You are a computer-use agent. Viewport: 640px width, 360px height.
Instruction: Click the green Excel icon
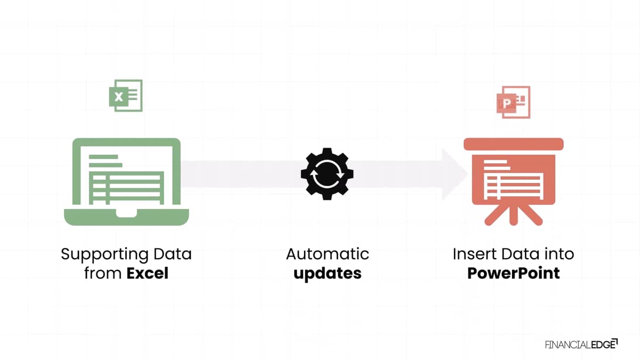pos(126,95)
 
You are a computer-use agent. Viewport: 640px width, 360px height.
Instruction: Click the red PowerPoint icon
pos(514,102)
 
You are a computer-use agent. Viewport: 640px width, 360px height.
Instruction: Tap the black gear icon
pos(327,174)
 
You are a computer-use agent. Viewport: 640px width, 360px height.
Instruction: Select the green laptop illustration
pos(126,182)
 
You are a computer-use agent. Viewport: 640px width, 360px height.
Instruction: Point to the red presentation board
pos(514,182)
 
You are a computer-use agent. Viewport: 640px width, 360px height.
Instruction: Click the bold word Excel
pos(147,273)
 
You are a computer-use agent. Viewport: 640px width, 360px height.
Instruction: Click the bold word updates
pos(327,274)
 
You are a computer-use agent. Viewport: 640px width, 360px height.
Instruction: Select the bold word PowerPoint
pos(514,273)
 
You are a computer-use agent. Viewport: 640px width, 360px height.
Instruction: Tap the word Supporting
pos(105,254)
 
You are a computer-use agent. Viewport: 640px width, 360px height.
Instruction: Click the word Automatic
pos(327,254)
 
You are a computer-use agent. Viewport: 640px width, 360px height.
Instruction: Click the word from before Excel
pos(103,273)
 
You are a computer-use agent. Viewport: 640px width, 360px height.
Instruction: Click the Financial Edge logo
pos(581,345)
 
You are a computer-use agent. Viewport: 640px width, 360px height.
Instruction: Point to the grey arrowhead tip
pos(467,174)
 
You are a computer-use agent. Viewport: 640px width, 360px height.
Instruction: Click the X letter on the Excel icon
pos(118,97)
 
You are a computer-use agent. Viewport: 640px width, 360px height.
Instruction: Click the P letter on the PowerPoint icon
pos(507,103)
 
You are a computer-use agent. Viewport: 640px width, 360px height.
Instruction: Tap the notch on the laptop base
pos(126,213)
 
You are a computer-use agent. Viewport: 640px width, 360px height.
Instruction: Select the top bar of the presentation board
pos(514,144)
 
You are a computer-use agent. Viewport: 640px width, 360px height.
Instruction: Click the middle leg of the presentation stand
pos(514,215)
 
